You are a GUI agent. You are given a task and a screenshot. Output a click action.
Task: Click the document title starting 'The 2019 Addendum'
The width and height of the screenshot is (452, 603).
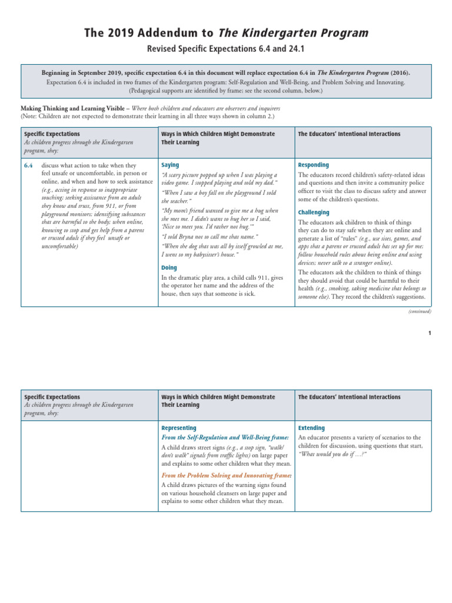[226, 34]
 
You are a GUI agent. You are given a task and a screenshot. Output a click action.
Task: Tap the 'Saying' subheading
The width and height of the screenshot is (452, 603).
[170, 165]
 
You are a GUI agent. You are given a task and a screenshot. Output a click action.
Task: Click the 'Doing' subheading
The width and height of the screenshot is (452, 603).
[169, 267]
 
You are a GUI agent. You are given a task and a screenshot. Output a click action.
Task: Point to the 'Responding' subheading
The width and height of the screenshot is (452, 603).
[313, 165]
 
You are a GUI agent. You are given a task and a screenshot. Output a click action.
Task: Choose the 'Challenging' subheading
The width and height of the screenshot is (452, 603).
[314, 212]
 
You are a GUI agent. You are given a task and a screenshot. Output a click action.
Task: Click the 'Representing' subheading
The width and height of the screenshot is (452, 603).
[179, 428]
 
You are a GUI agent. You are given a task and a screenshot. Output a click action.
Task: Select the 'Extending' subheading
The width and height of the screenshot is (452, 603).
[311, 428]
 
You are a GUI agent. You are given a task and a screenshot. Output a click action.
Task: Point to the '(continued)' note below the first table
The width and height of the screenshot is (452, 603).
[419, 312]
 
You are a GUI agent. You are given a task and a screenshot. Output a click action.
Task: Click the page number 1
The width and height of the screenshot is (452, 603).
[430, 333]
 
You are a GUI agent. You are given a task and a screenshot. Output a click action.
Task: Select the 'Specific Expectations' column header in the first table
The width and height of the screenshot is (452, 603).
[52, 134]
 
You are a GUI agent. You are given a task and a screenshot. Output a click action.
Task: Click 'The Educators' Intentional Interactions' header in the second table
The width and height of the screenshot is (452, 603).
[349, 397]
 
